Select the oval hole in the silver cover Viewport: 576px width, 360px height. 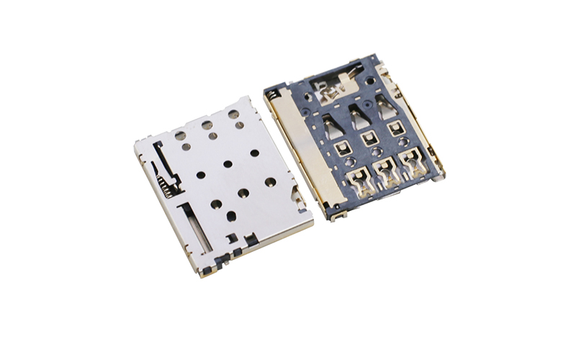click(x=232, y=215)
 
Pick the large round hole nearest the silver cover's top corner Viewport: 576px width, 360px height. click(x=233, y=114)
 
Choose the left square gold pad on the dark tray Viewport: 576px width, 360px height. click(x=341, y=149)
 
